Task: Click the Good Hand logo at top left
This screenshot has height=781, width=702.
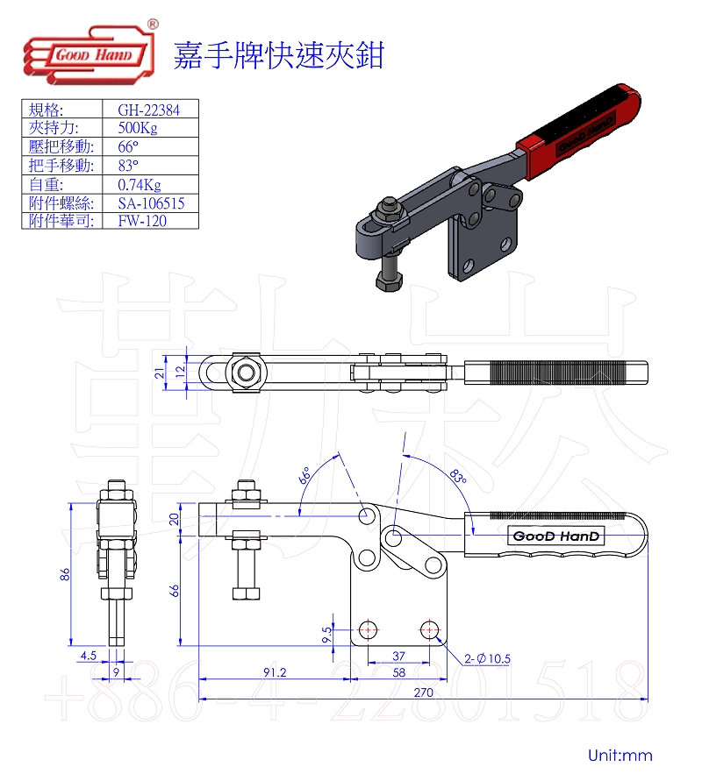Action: [90, 53]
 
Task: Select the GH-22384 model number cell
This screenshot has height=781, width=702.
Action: [148, 110]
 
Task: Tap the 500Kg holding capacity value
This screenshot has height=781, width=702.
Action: [138, 128]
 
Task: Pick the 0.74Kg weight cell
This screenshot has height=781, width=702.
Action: [140, 185]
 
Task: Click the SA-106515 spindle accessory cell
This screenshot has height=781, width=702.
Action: [151, 203]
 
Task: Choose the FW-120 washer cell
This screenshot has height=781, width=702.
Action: [142, 221]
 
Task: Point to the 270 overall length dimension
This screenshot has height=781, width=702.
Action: [423, 692]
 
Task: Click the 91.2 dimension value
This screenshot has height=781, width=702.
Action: [275, 672]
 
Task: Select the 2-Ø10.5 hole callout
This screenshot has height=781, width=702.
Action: [487, 658]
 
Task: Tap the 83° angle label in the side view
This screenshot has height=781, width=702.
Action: [458, 476]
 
